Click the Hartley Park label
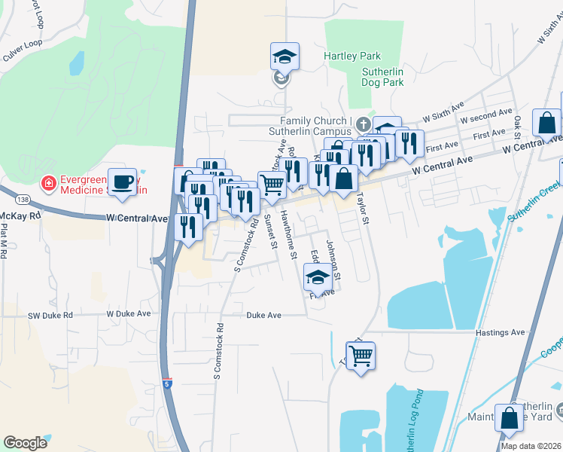pos(352,56)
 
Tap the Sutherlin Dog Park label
pos(384,78)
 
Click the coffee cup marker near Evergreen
pos(122,182)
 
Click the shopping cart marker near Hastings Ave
pos(361,355)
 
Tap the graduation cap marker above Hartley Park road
pos(285,56)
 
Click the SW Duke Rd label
pos(50,316)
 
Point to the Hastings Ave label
pos(500,332)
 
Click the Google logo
pos(25,443)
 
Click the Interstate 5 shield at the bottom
pos(168,383)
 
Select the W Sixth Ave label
pos(441,118)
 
